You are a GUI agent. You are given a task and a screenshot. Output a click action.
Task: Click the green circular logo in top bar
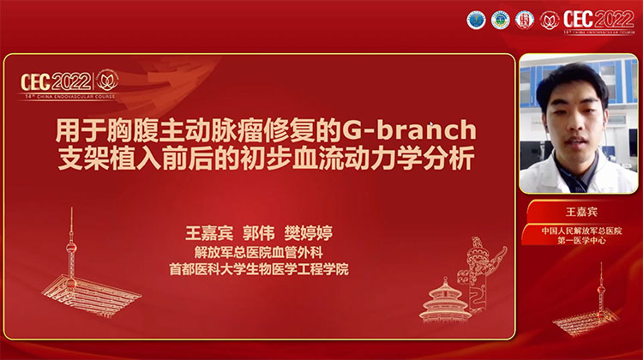[x=499, y=19]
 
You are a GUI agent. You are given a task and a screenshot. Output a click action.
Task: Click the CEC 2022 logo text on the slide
[x=58, y=81]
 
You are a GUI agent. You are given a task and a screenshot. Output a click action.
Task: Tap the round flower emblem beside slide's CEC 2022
[x=107, y=81]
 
